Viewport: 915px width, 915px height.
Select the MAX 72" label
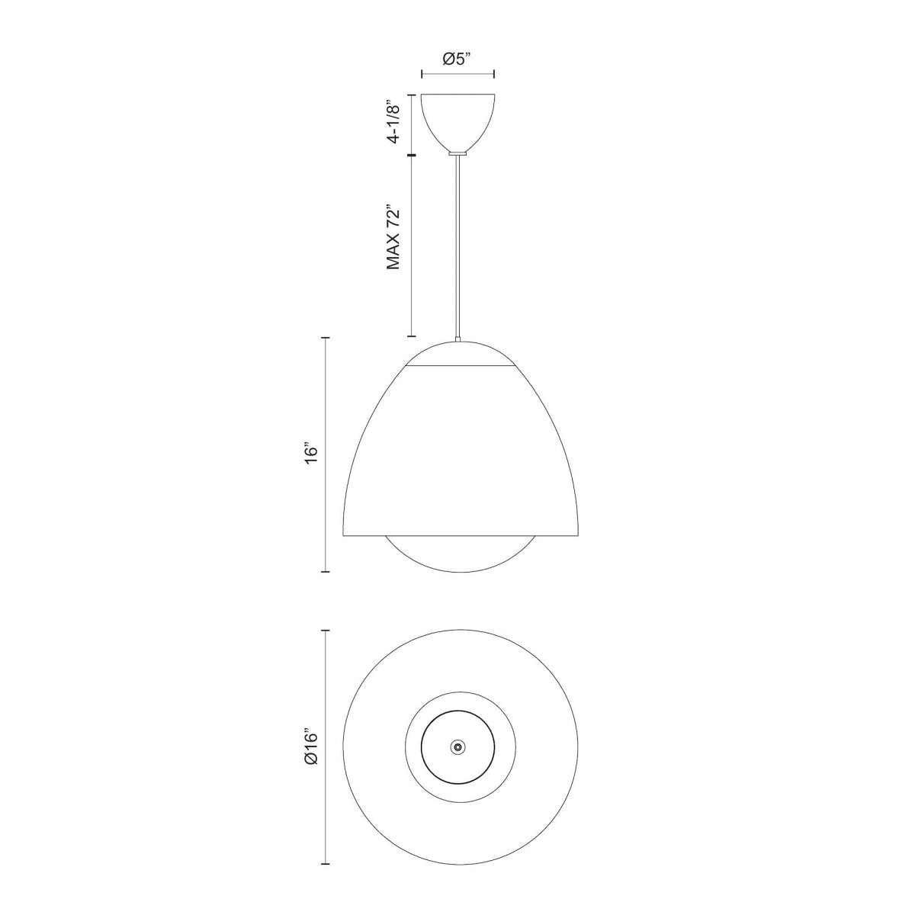[x=393, y=237]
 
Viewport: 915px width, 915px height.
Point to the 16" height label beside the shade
[x=309, y=452]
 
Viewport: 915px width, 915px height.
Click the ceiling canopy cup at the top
[x=458, y=118]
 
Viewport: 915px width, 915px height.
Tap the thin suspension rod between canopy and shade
[x=457, y=244]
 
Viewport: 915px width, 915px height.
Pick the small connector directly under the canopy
[x=457, y=153]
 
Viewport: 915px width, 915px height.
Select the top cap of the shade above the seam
[x=457, y=354]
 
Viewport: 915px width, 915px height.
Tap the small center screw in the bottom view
[x=457, y=748]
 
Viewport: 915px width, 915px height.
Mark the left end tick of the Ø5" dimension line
[x=422, y=74]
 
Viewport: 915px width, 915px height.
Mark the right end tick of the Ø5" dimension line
[x=495, y=74]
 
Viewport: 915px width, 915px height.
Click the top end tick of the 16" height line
[x=326, y=338]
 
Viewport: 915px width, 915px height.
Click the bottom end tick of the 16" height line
[x=326, y=571]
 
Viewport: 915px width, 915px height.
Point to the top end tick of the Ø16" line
[x=326, y=631]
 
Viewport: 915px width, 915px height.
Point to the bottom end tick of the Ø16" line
[x=326, y=864]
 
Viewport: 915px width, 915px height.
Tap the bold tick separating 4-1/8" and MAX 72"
[x=413, y=156]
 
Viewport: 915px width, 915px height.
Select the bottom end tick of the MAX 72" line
[x=413, y=336]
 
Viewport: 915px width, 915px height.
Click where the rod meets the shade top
[x=457, y=339]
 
